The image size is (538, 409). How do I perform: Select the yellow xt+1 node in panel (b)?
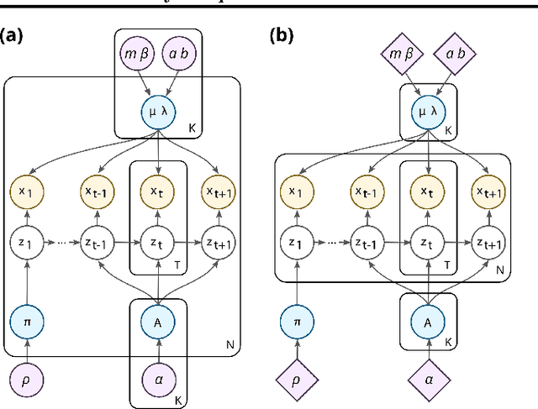click(x=489, y=192)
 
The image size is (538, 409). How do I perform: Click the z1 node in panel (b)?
click(x=295, y=243)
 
